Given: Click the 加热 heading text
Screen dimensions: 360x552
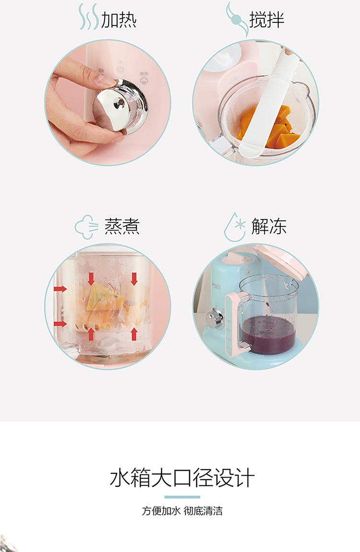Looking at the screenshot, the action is tap(119, 20).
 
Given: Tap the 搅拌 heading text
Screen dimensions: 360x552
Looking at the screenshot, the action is tap(267, 20).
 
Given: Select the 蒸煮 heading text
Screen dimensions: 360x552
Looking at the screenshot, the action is tap(122, 226).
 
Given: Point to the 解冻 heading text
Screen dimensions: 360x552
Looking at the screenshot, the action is tap(269, 226).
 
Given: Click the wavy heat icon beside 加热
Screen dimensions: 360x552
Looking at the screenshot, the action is tap(88, 17).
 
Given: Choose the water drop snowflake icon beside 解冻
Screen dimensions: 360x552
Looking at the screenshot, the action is tap(235, 227).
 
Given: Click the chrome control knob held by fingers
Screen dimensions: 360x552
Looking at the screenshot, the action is tap(120, 105).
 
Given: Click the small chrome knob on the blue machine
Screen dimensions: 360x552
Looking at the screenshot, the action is tap(214, 317).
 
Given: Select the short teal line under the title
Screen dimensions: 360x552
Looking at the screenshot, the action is tap(182, 497).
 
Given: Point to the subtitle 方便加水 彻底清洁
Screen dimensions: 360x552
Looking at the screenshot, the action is tap(182, 511).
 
